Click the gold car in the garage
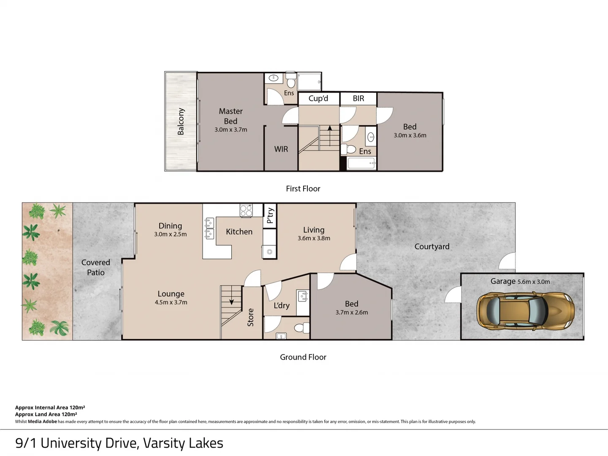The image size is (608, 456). (x=525, y=311)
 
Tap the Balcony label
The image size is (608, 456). (x=181, y=122)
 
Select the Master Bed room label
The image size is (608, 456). (x=231, y=116)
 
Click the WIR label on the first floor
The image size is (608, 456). (x=281, y=149)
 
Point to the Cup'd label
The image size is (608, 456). (x=318, y=98)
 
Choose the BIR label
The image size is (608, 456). (x=358, y=98)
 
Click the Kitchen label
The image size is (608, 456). (x=239, y=231)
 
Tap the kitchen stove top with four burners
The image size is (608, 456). (x=246, y=210)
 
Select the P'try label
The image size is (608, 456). (x=270, y=216)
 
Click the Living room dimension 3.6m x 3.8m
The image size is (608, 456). (x=314, y=238)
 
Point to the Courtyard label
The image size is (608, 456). (x=432, y=247)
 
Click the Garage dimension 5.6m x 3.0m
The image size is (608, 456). (x=534, y=282)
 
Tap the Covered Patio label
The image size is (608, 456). (x=96, y=267)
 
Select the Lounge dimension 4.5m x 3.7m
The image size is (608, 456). (x=171, y=302)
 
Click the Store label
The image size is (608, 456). (x=250, y=317)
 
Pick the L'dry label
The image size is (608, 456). (x=282, y=305)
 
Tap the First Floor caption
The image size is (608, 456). (x=303, y=189)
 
